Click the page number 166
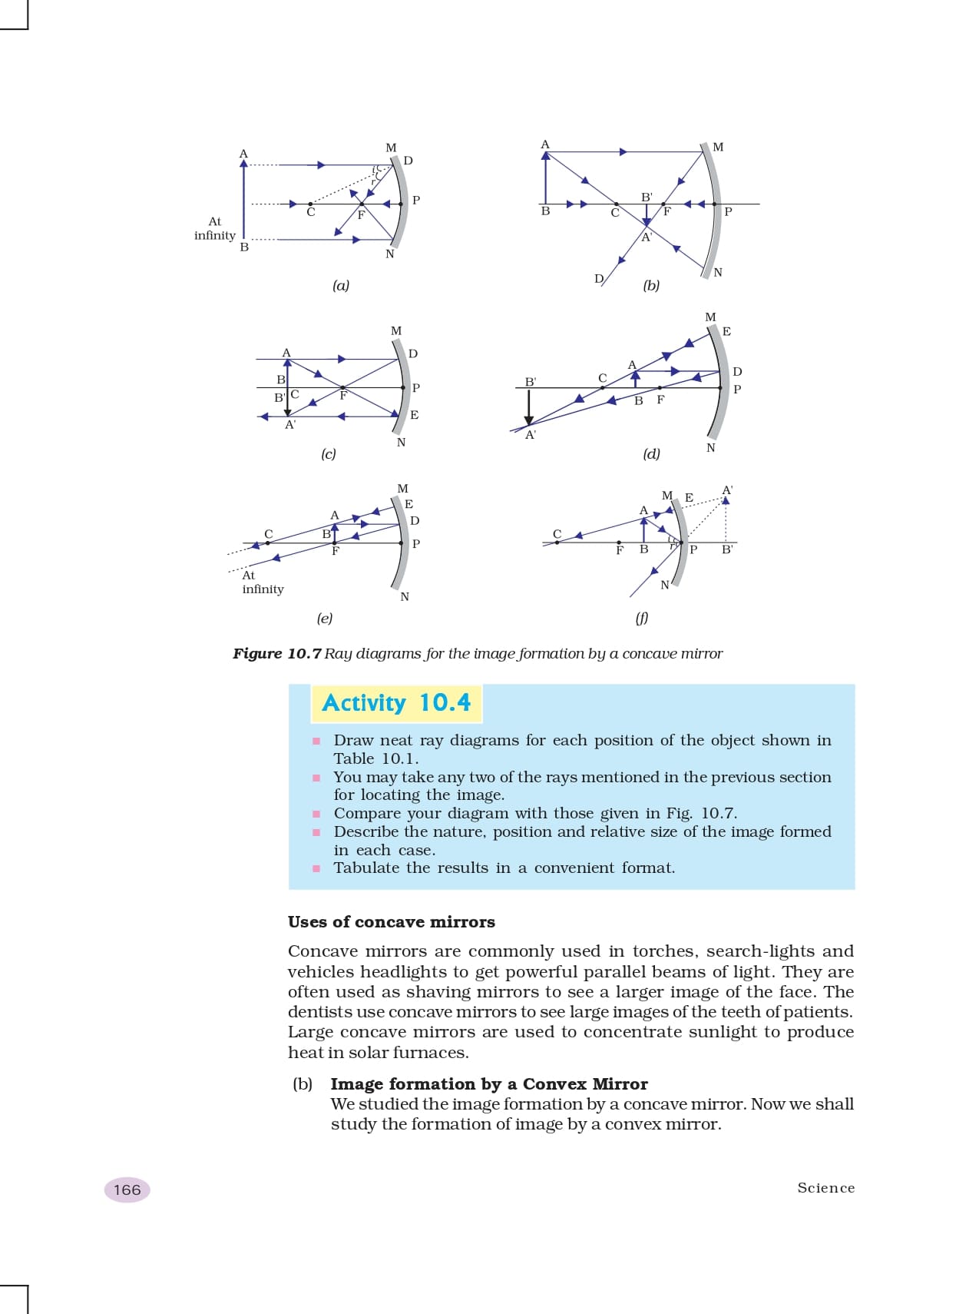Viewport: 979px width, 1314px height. [x=127, y=1190]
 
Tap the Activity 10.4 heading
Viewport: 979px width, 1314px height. [x=396, y=703]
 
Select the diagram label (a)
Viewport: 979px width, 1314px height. [x=341, y=286]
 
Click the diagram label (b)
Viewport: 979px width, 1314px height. [x=651, y=286]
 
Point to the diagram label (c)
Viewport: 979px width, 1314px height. [x=329, y=454]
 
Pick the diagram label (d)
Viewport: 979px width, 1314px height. [x=651, y=454]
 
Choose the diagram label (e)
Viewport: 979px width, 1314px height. [x=325, y=618]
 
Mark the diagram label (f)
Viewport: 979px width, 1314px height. [x=642, y=618]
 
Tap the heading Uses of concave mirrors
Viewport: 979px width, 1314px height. [x=392, y=922]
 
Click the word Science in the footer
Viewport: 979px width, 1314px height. [x=825, y=1188]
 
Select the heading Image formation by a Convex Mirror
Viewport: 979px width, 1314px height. [x=489, y=1084]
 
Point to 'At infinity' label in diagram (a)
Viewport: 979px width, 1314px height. [x=215, y=229]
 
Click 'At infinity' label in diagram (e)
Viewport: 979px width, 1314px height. [x=263, y=582]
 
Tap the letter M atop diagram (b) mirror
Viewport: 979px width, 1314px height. [x=718, y=147]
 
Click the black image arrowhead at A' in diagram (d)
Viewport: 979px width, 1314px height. [x=529, y=420]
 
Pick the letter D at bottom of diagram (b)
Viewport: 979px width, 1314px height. [x=599, y=278]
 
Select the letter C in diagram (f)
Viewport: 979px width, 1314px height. [x=557, y=533]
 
